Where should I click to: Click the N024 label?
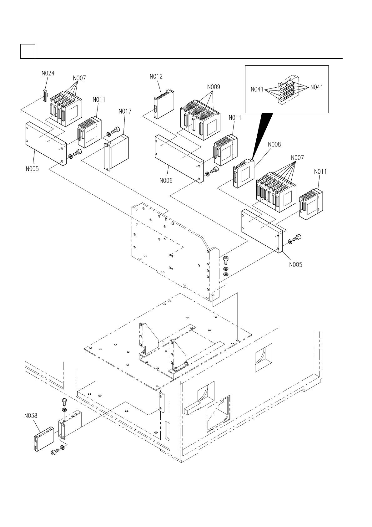(48, 74)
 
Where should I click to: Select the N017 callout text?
(125, 111)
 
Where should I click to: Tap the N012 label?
(156, 76)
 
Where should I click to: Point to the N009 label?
(214, 87)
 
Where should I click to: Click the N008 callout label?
(274, 144)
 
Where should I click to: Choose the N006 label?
(166, 181)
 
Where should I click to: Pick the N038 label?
(31, 416)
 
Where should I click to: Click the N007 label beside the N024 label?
(79, 78)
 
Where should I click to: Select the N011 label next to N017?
(99, 100)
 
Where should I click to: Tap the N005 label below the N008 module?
(296, 265)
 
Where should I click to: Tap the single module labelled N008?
(244, 173)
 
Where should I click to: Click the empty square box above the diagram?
(28, 51)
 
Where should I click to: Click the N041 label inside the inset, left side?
(257, 90)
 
